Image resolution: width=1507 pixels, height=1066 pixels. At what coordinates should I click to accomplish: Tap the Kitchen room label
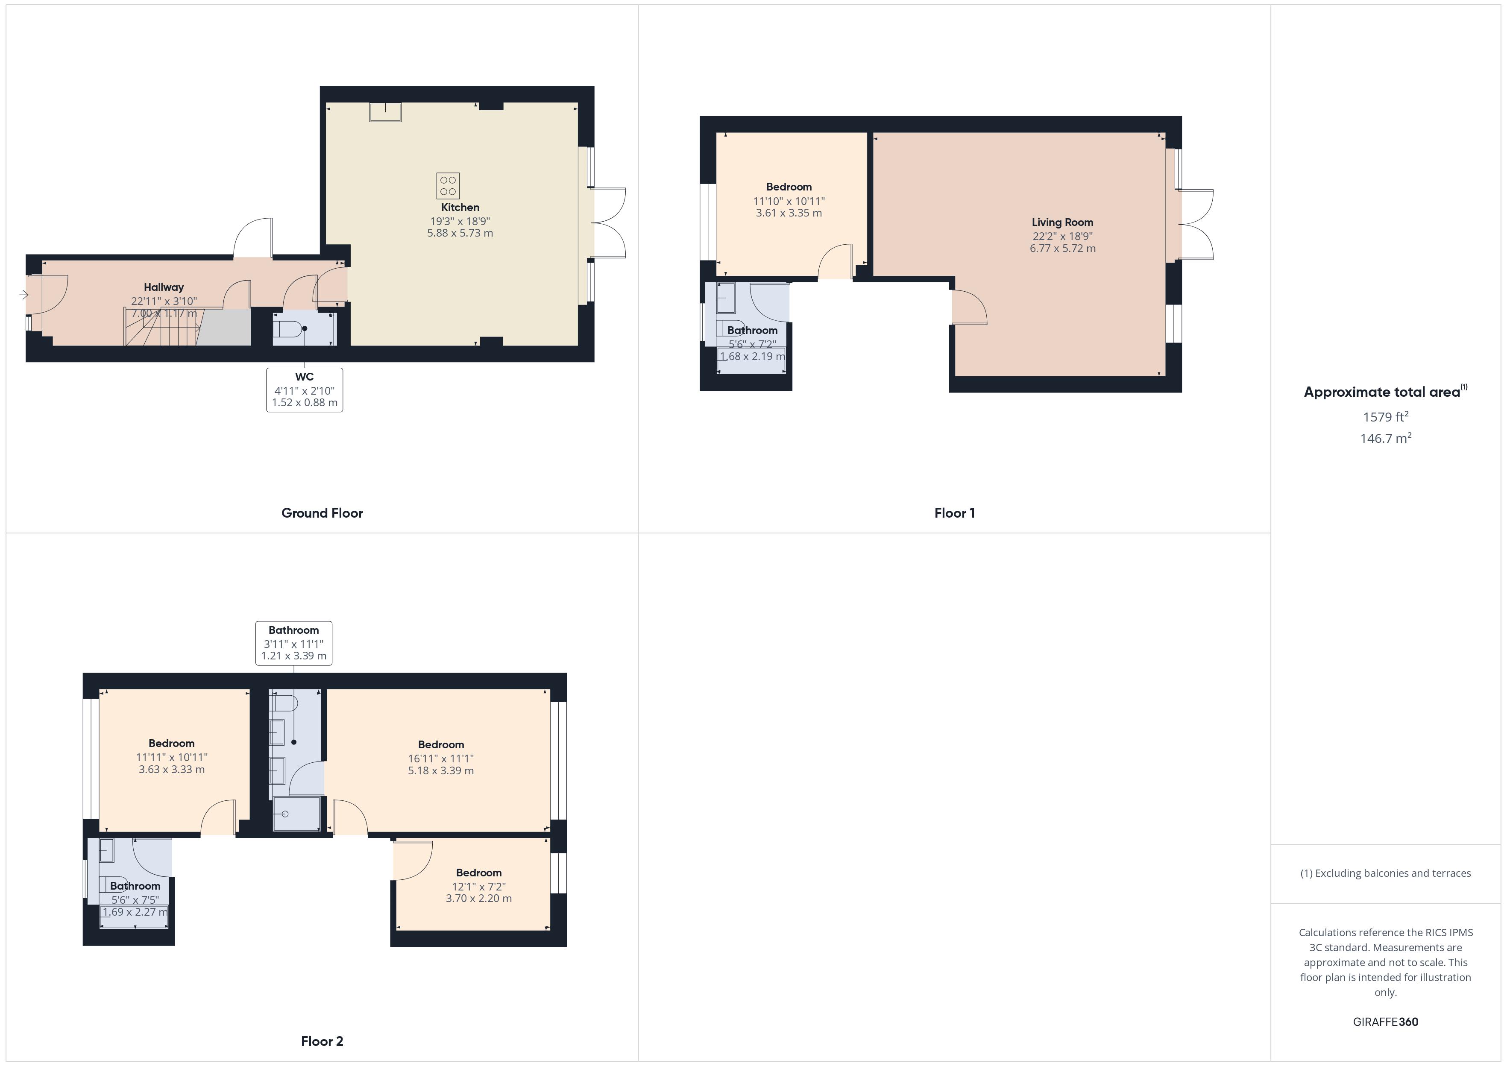click(460, 208)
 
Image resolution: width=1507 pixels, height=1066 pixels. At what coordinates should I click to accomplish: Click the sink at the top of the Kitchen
click(385, 112)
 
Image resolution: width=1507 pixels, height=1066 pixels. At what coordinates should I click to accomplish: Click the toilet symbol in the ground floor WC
click(289, 328)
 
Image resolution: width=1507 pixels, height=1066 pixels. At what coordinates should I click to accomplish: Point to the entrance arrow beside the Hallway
click(23, 295)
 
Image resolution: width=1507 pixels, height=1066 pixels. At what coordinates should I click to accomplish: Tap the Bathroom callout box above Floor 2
click(293, 643)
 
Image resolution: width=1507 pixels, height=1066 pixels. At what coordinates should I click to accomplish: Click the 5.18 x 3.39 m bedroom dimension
click(440, 770)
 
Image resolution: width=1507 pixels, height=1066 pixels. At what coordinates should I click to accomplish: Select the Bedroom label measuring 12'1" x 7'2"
click(478, 873)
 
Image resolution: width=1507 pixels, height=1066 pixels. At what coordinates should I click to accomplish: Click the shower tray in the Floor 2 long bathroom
click(297, 814)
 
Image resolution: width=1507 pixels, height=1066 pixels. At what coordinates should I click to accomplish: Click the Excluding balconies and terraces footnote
click(1385, 873)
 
